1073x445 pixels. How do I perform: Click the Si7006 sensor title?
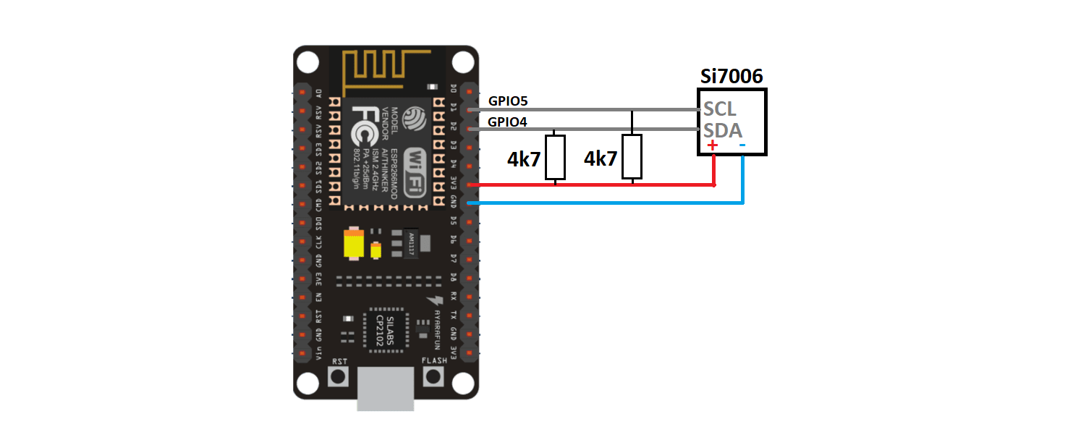point(731,77)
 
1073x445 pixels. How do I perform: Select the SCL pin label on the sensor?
point(720,109)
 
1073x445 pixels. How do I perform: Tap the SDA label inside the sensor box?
point(723,130)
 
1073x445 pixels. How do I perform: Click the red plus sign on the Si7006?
point(713,145)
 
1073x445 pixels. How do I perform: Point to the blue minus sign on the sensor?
point(743,145)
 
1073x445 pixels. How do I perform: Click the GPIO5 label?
point(509,101)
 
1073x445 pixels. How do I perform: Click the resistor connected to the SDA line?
point(555,156)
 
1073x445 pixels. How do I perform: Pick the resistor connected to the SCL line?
point(632,156)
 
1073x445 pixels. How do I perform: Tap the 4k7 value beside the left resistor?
point(524,159)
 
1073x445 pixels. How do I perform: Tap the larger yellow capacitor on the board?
point(354,245)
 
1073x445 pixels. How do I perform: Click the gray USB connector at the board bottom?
point(386,394)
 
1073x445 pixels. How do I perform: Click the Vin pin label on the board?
point(319,352)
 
